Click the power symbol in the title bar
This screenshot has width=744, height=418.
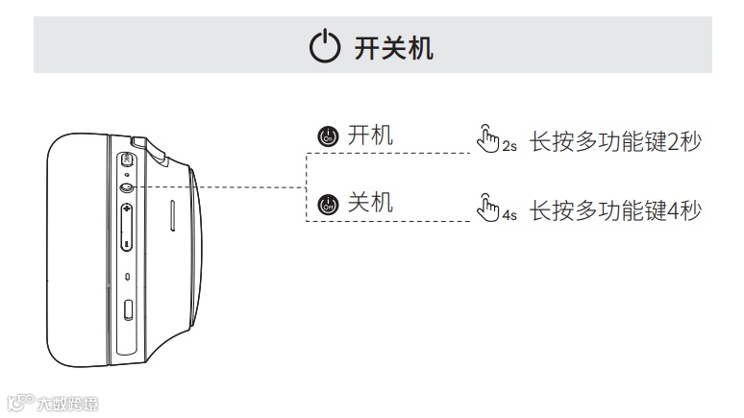point(324,47)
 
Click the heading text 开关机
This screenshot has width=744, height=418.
point(394,48)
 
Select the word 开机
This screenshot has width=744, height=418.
point(370,136)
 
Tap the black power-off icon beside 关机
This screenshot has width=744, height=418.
point(328,205)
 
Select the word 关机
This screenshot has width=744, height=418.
point(370,204)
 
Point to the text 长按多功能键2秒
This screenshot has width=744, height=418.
point(615,140)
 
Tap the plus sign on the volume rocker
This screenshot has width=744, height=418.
point(128,209)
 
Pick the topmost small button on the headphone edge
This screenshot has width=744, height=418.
point(128,160)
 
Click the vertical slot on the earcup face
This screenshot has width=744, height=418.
point(172,215)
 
